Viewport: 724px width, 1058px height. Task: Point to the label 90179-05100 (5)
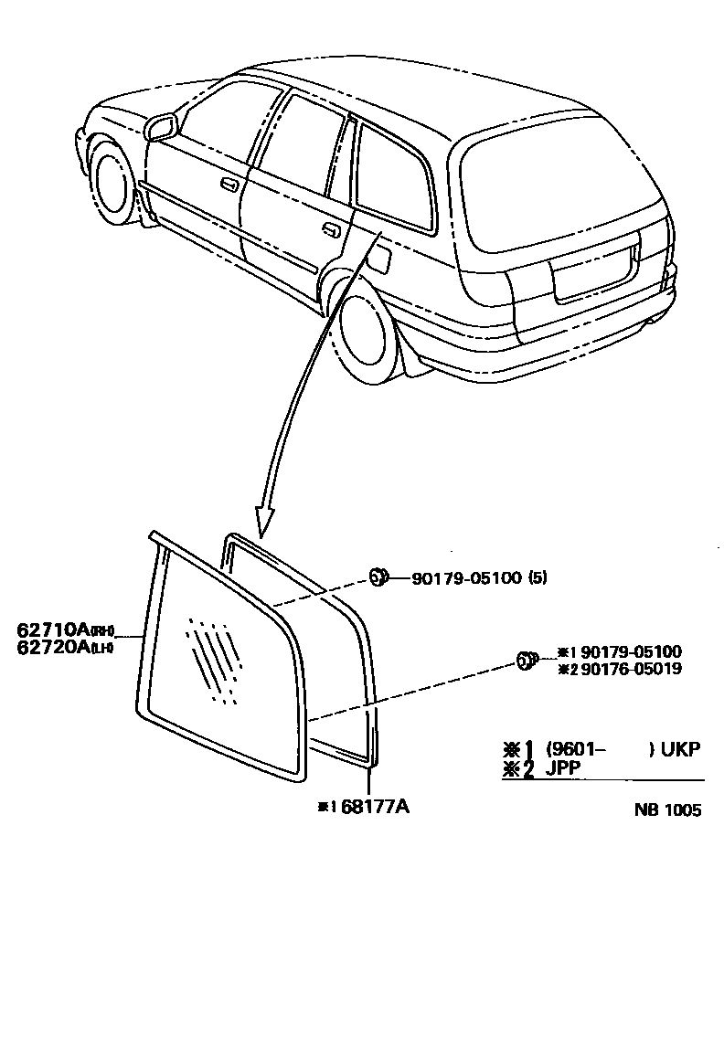(479, 577)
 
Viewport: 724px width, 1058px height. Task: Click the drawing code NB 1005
(670, 811)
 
